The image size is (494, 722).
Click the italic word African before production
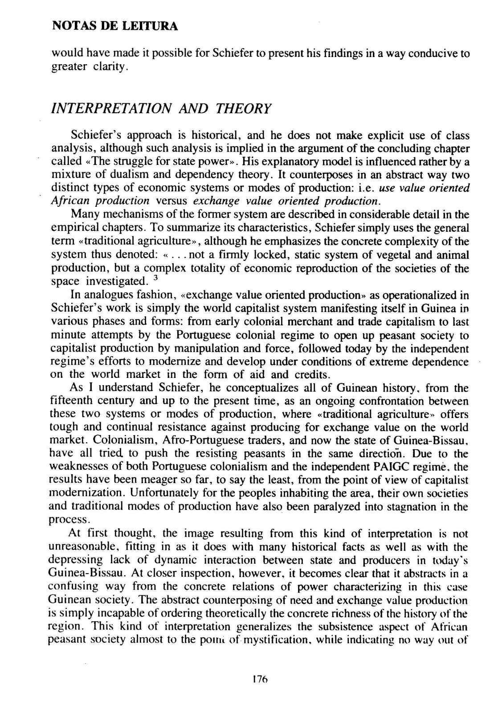pyautogui.click(x=69, y=201)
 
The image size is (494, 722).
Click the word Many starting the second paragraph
pyautogui.click(x=85, y=214)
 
